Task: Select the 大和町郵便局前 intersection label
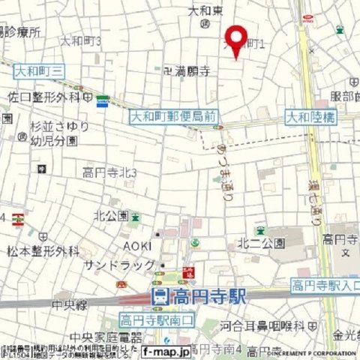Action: pos(173,116)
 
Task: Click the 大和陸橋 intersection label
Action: pos(310,117)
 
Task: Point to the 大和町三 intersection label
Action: pos(39,70)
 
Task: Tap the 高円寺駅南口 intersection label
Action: pos(156,320)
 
